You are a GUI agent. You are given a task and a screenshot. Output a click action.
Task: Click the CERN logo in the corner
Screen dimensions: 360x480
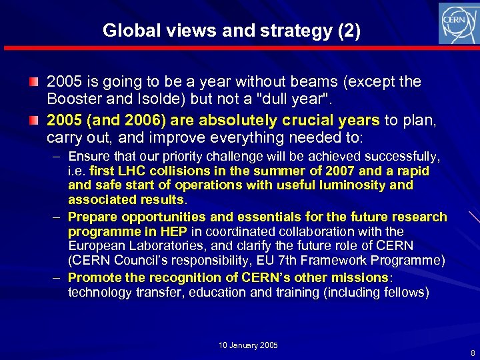click(458, 23)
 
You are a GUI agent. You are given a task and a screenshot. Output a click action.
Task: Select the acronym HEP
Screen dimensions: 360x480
click(175, 231)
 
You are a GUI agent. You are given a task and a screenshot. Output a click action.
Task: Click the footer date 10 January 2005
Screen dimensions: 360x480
click(249, 345)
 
